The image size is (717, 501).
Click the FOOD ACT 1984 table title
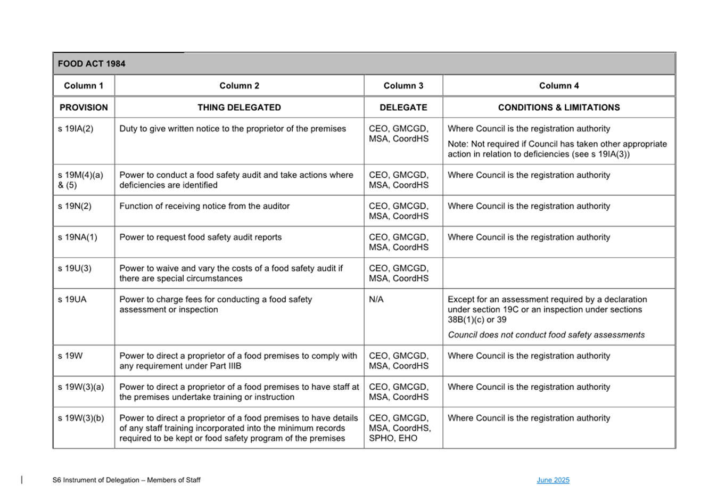point(92,64)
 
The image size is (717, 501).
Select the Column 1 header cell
point(84,86)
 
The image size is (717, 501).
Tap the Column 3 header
point(403,86)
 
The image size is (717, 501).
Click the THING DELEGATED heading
point(239,108)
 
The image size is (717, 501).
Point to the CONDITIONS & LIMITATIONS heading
point(558,108)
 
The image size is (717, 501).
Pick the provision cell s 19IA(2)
point(76,129)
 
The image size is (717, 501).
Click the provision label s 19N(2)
point(75,206)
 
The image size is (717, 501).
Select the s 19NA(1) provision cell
point(78,237)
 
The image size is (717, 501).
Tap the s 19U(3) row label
point(75,268)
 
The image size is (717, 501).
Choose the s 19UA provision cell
point(72,300)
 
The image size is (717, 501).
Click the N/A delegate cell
point(376,300)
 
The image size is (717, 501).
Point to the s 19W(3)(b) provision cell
point(81,418)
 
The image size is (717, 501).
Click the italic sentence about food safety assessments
point(546,335)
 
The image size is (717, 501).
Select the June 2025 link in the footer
point(553,480)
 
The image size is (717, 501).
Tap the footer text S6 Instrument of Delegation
point(126,480)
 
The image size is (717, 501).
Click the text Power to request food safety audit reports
point(201,237)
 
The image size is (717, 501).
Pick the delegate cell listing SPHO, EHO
point(399,429)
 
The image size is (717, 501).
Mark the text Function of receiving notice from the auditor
point(204,206)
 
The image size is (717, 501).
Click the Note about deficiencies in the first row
point(557,149)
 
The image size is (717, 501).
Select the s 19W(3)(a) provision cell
point(81,387)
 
